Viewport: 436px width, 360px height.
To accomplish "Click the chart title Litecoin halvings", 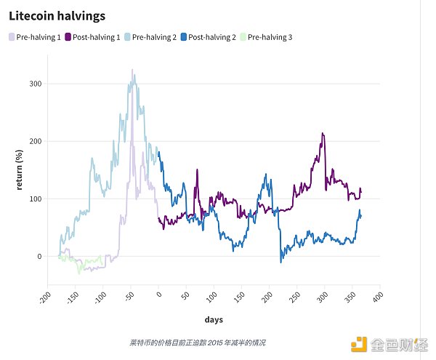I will [57, 15].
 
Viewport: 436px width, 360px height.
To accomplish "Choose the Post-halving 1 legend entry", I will [93, 36].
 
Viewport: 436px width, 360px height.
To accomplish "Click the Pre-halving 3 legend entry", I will [265, 36].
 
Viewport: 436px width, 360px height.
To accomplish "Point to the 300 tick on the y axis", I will [36, 84].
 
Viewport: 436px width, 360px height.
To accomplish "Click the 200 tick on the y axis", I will [36, 141].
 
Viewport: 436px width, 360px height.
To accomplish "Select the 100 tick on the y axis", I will [36, 199].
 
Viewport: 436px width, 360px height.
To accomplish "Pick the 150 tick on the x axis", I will [237, 298].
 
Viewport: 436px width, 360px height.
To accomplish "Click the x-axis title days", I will [214, 320].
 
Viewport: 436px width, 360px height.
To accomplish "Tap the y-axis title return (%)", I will [21, 169].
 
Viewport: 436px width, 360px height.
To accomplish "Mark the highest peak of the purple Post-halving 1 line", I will [322, 134].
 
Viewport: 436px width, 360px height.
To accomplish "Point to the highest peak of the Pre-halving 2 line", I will [132, 70].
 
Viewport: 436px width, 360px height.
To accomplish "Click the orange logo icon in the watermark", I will [358, 343].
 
